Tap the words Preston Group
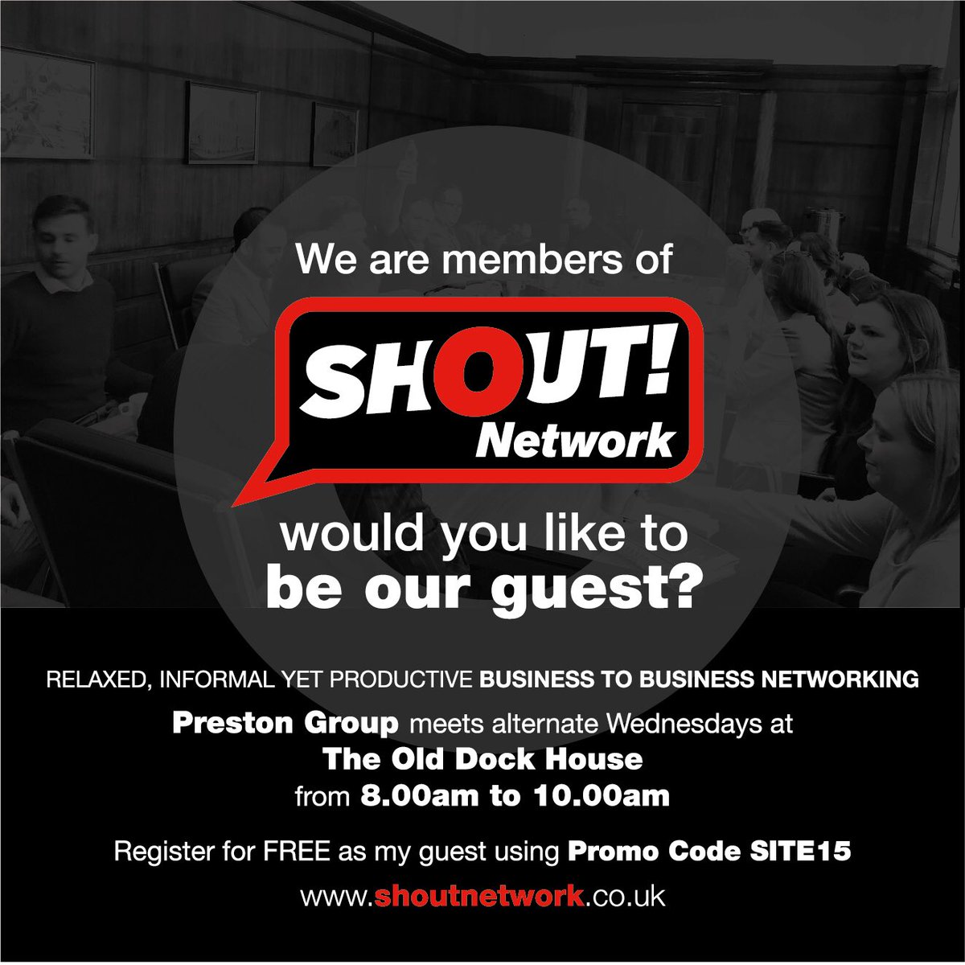(x=285, y=723)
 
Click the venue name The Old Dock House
(x=482, y=758)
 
